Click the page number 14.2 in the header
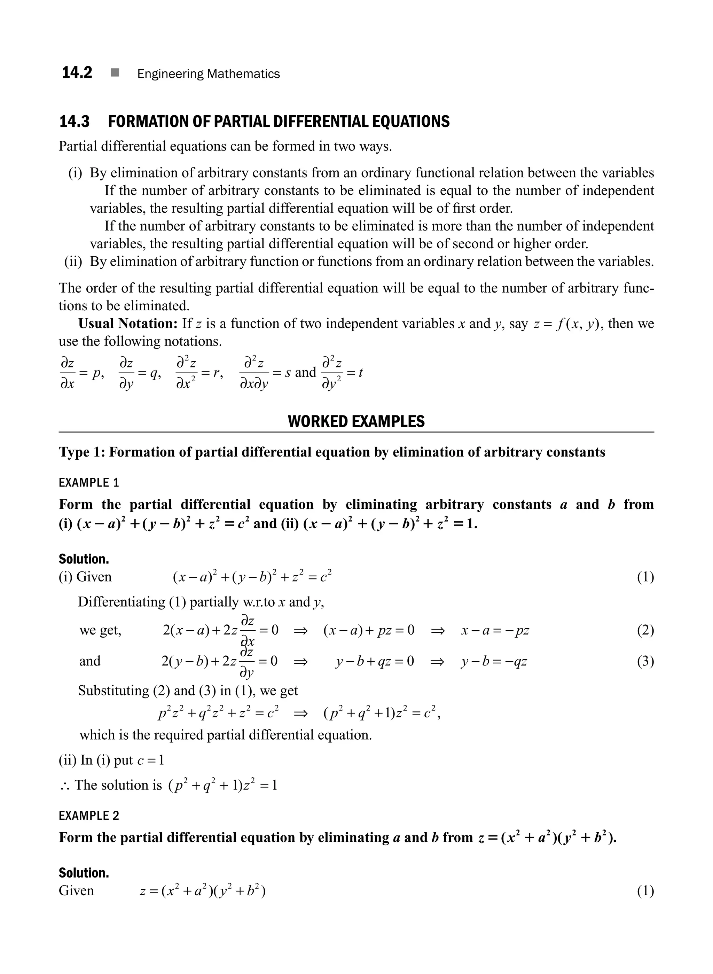(x=77, y=73)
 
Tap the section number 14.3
(x=74, y=122)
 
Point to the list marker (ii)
(x=73, y=262)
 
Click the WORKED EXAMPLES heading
(x=356, y=421)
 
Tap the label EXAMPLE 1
(x=89, y=483)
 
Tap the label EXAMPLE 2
(x=89, y=816)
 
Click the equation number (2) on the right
(x=645, y=630)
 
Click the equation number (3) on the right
(x=645, y=661)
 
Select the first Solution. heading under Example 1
(x=84, y=559)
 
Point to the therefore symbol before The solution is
(x=65, y=785)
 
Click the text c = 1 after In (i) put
(x=151, y=760)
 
